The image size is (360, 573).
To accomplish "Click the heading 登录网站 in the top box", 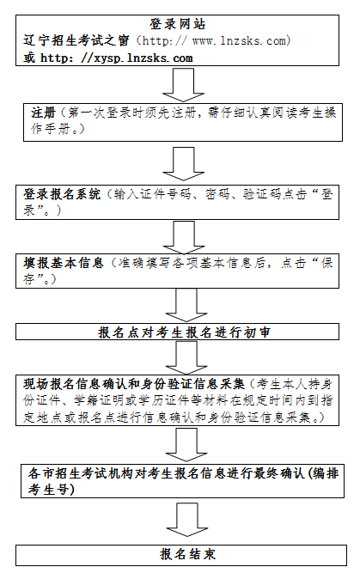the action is coord(178,24).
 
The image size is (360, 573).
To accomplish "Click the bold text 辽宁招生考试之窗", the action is coord(76,40).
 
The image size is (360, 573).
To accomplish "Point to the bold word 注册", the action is coord(43,113).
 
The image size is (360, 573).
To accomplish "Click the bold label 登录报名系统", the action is coord(62,194).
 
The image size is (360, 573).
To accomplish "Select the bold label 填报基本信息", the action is coord(64,263).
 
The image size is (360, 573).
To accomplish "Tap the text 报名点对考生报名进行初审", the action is coord(184,332).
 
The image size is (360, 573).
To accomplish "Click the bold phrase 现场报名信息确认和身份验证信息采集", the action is coord(134,384).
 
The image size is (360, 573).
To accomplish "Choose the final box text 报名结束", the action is coord(188,554).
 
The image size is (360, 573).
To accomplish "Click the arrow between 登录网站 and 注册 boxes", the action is coord(183,85).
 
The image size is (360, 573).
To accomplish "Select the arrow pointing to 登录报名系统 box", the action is coord(183,164).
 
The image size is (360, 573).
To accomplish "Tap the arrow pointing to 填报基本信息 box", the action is coord(183,237).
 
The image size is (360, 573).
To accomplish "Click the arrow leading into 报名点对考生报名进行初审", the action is coord(186,306).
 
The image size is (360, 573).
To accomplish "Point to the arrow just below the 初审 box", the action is coord(186,357).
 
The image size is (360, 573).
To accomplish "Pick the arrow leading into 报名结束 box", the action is coord(187,520).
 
